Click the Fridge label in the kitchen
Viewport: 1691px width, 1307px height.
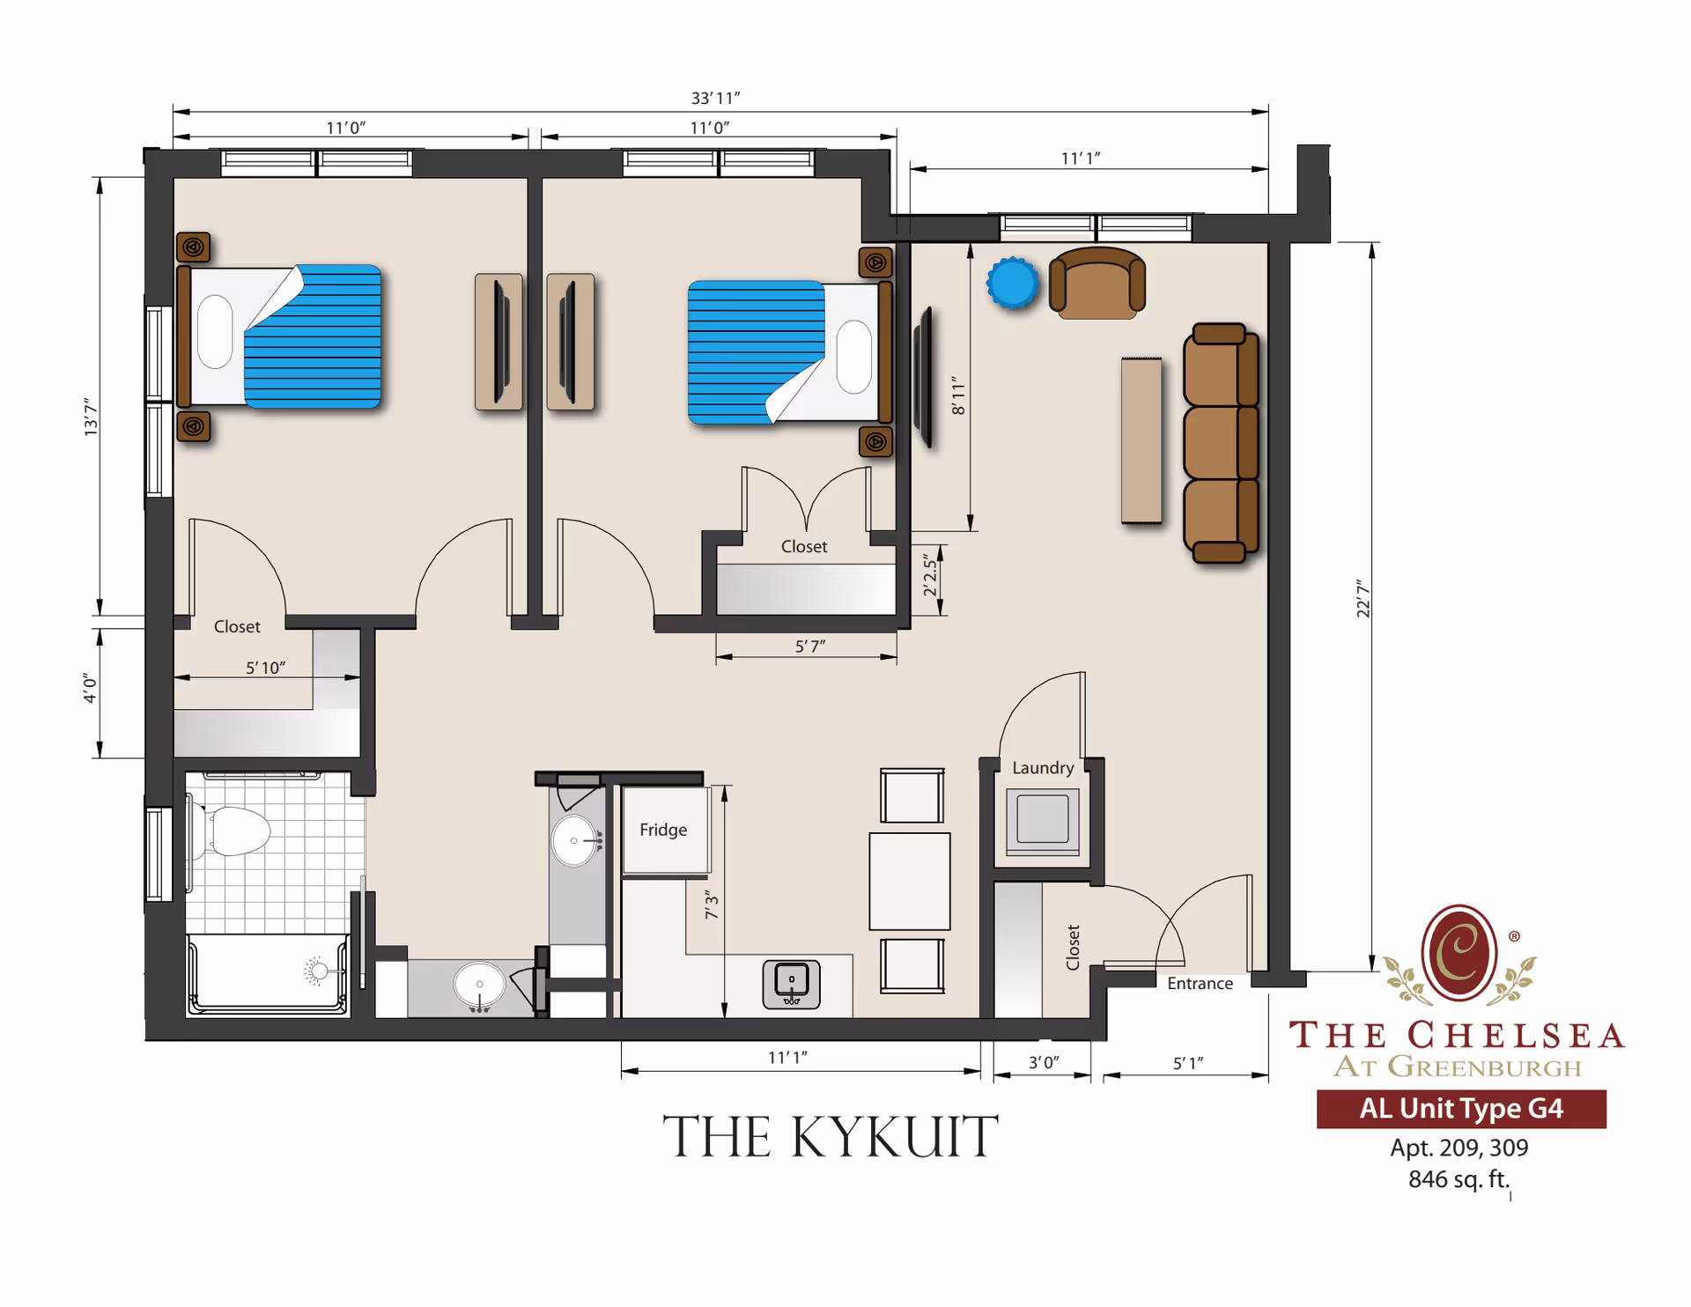662,830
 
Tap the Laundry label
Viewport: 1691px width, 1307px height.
1042,767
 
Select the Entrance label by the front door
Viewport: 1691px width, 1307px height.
1199,983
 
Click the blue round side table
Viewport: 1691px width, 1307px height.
1012,283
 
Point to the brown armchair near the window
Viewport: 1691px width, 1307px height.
1097,283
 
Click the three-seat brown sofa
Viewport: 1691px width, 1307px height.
1221,442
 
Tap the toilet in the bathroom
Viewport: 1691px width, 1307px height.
233,831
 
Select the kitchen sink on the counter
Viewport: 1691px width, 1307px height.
791,984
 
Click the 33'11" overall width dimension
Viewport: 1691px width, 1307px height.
714,98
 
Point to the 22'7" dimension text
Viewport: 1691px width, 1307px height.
1362,598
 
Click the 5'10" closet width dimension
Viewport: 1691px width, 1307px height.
265,668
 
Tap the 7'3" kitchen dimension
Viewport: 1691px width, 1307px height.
712,905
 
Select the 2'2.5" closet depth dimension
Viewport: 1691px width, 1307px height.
929,575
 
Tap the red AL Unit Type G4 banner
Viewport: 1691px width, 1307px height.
1460,1108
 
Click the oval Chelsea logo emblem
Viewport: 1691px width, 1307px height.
1458,953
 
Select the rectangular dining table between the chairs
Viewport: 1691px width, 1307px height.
909,881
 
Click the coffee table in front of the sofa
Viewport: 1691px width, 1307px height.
1141,440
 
